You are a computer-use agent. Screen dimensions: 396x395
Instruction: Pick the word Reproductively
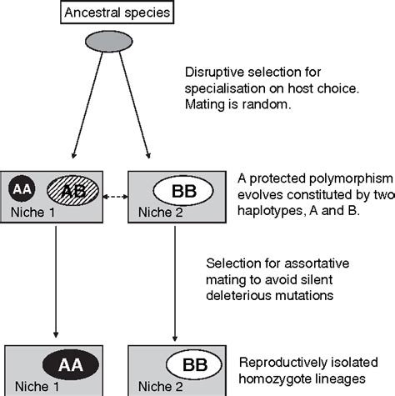(279, 363)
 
